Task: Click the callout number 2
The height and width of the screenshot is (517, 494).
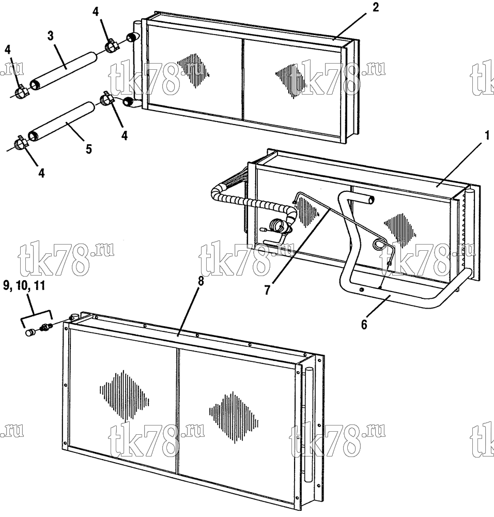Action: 376,7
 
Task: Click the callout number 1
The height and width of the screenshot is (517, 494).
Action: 488,135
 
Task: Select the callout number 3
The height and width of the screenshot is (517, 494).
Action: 50,36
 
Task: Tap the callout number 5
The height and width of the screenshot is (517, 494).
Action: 89,149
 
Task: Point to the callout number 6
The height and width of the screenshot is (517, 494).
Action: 364,325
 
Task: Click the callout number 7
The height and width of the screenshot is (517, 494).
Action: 267,290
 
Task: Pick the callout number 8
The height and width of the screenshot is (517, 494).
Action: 200,281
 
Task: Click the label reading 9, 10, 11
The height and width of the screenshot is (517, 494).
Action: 24,285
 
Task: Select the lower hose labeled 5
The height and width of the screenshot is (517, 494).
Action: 60,121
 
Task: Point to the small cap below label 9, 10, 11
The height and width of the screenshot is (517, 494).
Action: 30,332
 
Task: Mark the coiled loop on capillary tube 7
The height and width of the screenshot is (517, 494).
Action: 378,244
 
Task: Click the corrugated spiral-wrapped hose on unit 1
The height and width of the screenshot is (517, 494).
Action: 251,202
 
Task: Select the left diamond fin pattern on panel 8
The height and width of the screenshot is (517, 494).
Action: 124,396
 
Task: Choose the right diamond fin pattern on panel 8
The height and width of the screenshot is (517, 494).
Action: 234,417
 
